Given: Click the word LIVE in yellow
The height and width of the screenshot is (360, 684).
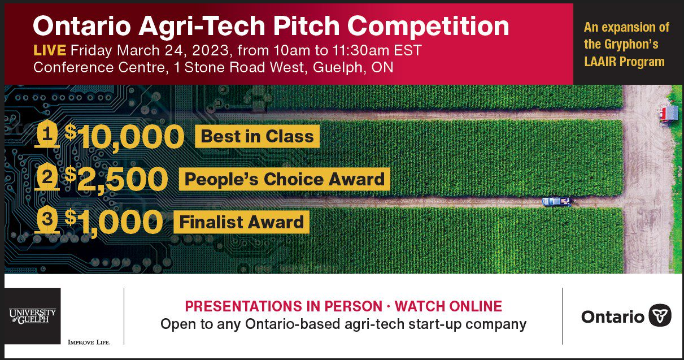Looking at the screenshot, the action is click(50, 50).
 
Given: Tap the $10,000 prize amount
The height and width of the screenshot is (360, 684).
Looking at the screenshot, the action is click(124, 137).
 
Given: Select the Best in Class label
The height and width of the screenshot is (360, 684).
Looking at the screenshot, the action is click(257, 136).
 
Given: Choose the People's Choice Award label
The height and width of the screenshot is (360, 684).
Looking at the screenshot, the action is click(284, 179).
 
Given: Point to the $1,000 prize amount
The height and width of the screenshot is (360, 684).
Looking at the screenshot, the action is click(114, 222).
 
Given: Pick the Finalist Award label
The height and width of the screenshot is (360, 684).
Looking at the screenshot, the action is click(241, 222).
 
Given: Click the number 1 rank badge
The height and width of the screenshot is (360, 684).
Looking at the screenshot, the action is click(47, 134).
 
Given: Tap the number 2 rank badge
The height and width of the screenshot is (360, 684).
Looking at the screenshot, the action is click(47, 177).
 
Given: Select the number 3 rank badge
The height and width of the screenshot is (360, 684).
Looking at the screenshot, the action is click(47, 219).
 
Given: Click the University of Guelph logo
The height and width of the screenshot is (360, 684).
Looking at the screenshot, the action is click(32, 316).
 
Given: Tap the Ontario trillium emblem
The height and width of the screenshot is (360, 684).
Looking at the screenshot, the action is click(660, 316).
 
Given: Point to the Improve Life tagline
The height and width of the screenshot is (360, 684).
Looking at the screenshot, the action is click(89, 342).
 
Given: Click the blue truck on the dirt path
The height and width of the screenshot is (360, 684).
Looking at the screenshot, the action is click(557, 201).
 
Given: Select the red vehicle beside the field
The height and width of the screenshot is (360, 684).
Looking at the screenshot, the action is click(668, 114).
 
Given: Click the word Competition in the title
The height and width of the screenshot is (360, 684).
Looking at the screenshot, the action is click(428, 27).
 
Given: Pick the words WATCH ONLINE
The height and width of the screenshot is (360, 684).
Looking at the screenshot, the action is click(448, 306).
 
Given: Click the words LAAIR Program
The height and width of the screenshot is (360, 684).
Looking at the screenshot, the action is click(625, 62).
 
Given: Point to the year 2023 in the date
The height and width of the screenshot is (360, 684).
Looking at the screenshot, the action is click(210, 50).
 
